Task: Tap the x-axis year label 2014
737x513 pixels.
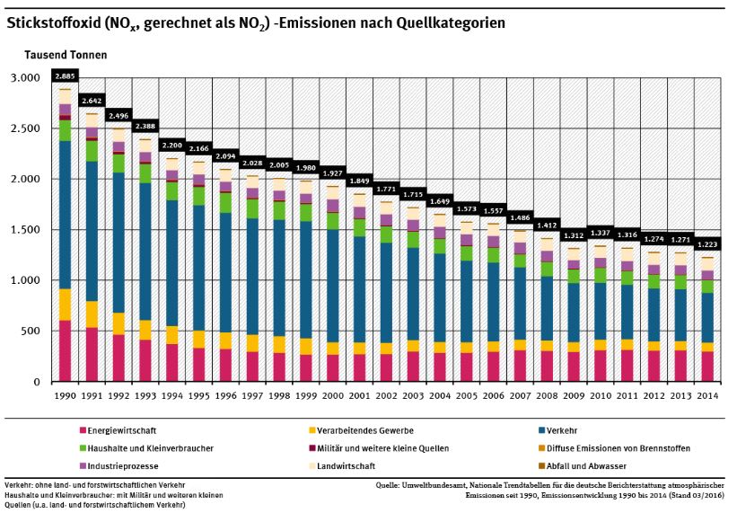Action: [707, 395]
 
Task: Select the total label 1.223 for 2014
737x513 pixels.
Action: [707, 243]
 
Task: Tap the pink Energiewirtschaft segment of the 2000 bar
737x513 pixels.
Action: [332, 367]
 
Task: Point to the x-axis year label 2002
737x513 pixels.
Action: [386, 395]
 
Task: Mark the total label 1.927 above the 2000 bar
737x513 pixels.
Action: [332, 172]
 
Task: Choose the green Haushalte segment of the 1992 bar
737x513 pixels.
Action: [118, 164]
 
